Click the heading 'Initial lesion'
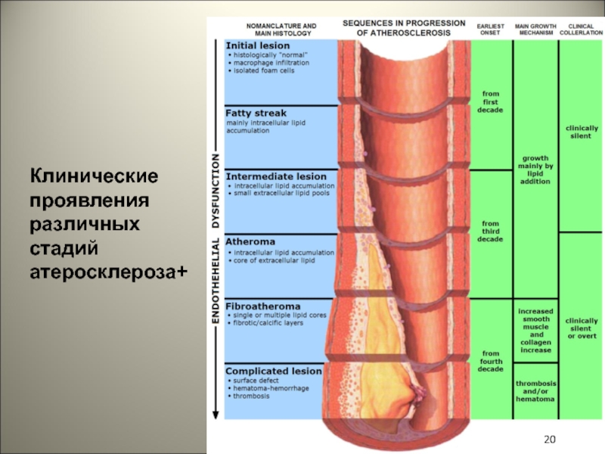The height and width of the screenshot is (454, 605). (258, 46)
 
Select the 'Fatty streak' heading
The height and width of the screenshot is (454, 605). (256, 113)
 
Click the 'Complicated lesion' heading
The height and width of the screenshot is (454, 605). (274, 372)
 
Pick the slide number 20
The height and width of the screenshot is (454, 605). (550, 440)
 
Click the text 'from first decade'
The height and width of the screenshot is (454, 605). (491, 101)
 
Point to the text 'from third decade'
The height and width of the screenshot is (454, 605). (491, 232)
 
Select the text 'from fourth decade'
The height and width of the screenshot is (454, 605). (491, 361)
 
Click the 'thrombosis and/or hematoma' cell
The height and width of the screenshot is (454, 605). (535, 391)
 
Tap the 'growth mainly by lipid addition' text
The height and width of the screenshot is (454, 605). (535, 169)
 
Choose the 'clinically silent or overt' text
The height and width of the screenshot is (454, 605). (581, 328)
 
